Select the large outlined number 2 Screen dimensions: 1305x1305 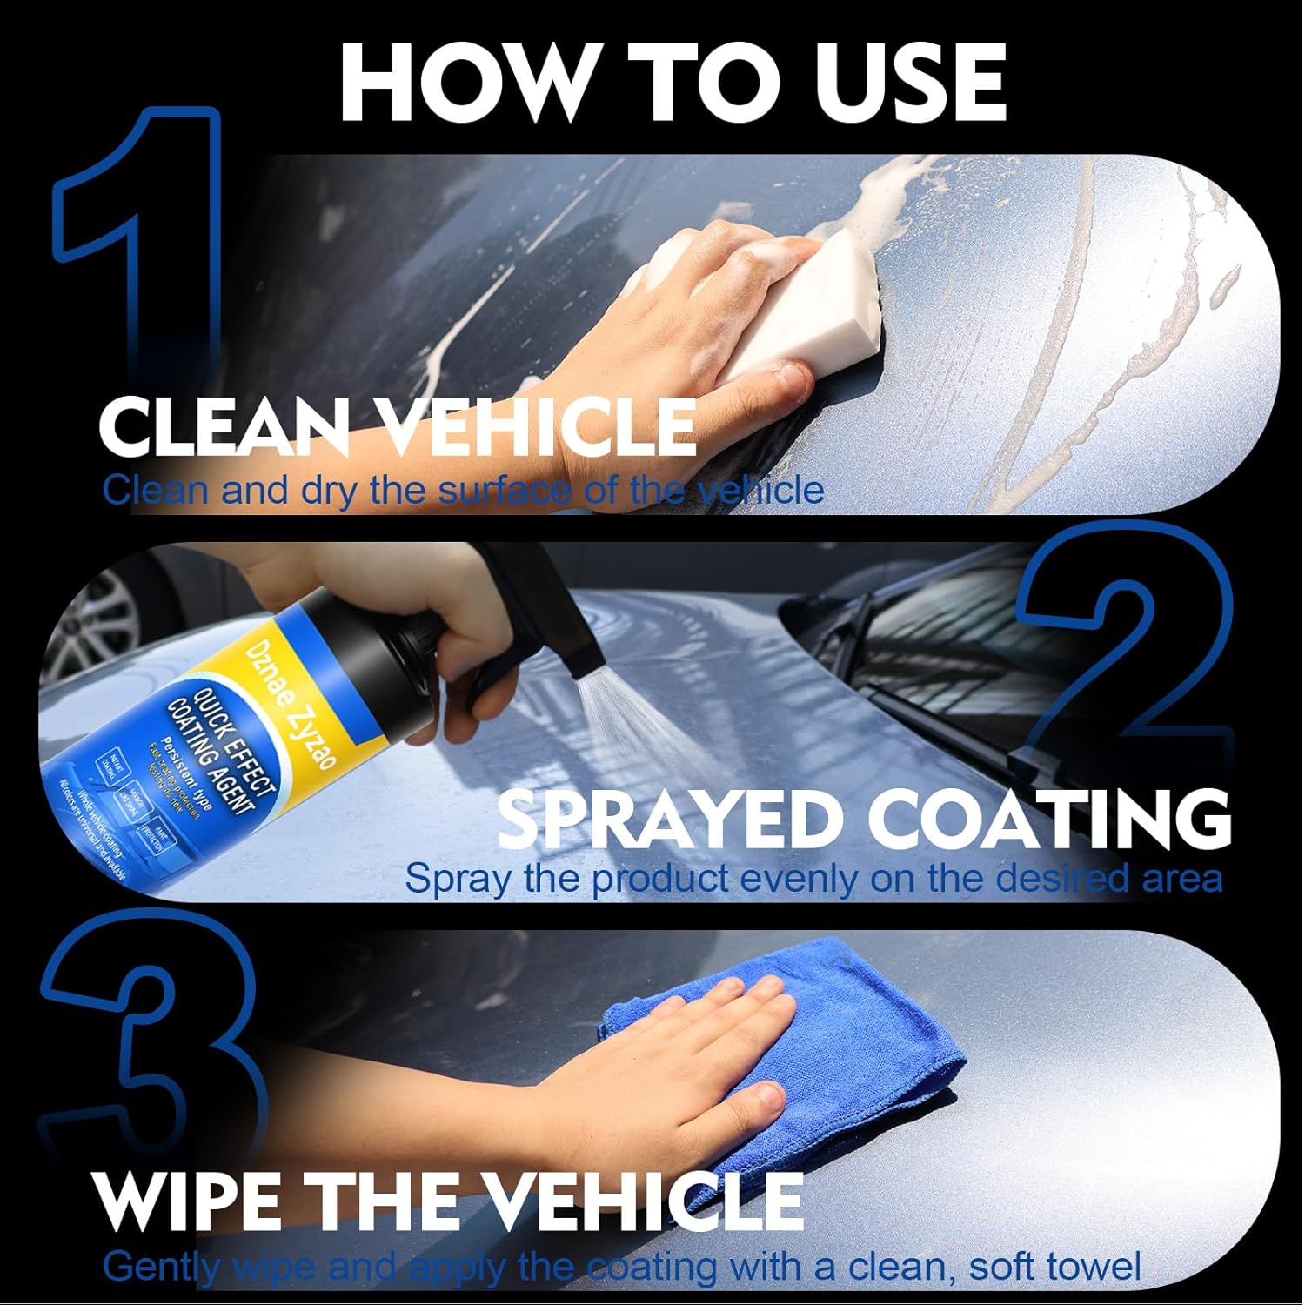pyautogui.click(x=1122, y=661)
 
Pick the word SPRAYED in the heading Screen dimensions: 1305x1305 pyautogui.click(x=661, y=818)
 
